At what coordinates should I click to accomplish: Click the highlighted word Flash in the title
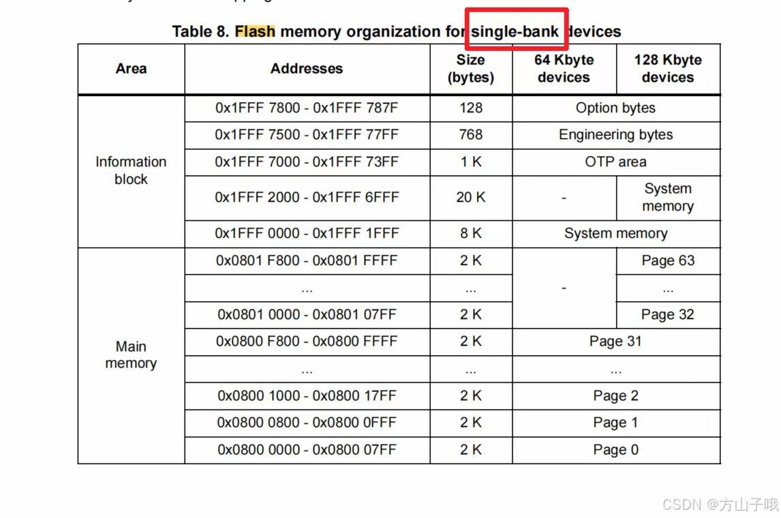coord(255,31)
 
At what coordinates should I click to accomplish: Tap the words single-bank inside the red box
coord(515,31)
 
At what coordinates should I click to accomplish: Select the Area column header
coord(131,69)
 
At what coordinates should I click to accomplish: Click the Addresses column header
coord(307,69)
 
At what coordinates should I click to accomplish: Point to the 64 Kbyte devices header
coord(564,69)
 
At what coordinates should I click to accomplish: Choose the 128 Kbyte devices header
coord(667,69)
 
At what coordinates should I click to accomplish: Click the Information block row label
coord(131,170)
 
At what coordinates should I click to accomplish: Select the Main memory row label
coord(131,355)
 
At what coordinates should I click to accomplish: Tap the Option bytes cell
coord(615,108)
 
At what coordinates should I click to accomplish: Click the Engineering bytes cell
coord(615,135)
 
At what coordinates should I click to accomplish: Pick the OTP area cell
coord(615,162)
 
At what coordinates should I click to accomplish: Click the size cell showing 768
coord(471,135)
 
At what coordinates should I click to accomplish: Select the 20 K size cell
coord(471,198)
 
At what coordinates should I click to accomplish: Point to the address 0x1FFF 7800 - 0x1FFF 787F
coord(307,108)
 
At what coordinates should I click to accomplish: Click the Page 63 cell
coord(668,260)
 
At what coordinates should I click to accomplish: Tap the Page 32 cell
coord(668,314)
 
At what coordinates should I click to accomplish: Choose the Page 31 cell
coord(615,341)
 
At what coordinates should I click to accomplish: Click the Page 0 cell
coord(615,450)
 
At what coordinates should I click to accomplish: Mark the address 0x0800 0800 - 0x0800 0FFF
coord(307,423)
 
